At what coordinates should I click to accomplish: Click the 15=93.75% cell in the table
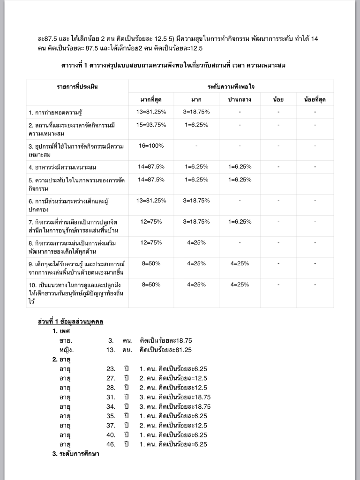pyautogui.click(x=151, y=125)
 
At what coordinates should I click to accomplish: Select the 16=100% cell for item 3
pyautogui.click(x=151, y=146)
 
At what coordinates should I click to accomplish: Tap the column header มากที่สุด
pyautogui.click(x=151, y=99)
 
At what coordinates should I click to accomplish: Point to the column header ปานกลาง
pyautogui.click(x=240, y=99)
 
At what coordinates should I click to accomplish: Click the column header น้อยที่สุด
pyautogui.click(x=315, y=99)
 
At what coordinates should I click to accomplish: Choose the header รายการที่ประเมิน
pyautogui.click(x=77, y=87)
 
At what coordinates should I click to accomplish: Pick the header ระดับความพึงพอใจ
pyautogui.click(x=231, y=87)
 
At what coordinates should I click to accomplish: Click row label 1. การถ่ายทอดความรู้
pyautogui.click(x=59, y=112)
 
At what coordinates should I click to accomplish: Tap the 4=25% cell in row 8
pyautogui.click(x=196, y=242)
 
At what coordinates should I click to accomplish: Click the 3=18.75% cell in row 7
pyautogui.click(x=196, y=221)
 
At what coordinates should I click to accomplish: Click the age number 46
pyautogui.click(x=111, y=444)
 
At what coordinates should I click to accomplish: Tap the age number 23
pyautogui.click(x=111, y=369)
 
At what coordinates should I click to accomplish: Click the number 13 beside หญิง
pyautogui.click(x=111, y=350)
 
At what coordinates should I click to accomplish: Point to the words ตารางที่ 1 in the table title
pyautogui.click(x=83, y=66)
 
